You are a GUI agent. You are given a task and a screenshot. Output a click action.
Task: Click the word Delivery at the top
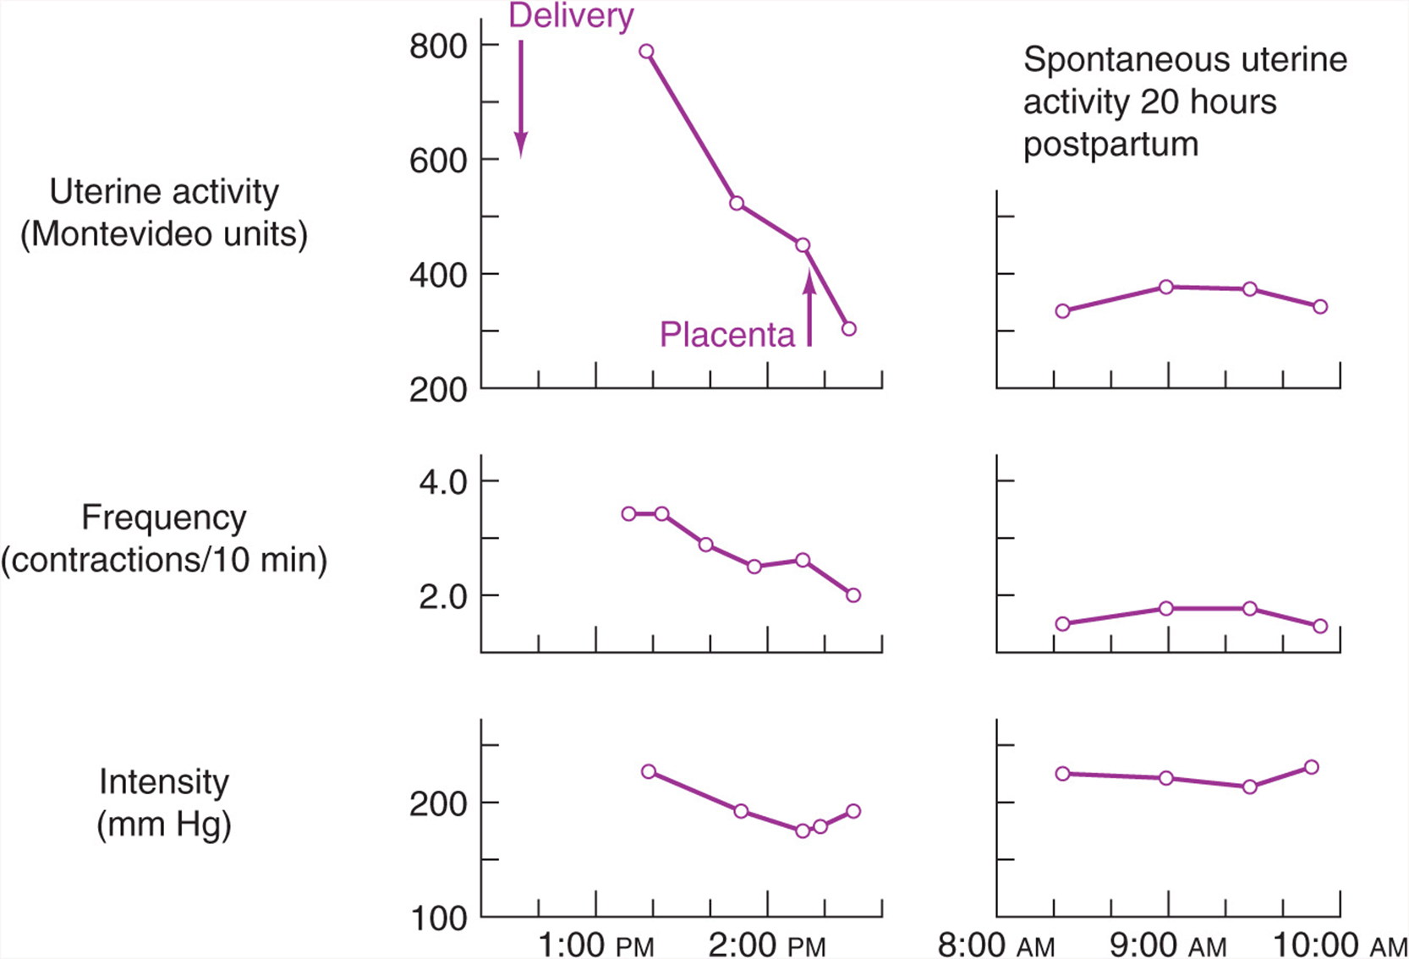571,17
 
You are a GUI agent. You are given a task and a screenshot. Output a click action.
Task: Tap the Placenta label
727,334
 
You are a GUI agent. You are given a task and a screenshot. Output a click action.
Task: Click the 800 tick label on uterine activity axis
438,46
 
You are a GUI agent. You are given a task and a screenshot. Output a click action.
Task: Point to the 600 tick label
438,161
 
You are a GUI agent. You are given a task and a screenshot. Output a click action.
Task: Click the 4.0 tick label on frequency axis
443,482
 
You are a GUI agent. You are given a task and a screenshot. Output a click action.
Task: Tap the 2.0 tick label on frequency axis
443,596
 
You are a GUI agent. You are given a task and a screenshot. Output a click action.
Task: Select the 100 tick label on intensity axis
438,918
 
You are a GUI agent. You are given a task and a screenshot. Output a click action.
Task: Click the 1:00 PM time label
596,945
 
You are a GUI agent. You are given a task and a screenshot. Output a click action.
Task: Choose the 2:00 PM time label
767,945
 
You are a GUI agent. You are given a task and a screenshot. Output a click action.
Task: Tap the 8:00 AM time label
996,945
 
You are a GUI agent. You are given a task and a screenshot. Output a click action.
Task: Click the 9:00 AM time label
1168,945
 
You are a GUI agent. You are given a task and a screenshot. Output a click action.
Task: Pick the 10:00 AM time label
1340,945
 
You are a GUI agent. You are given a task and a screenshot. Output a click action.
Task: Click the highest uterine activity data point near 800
647,52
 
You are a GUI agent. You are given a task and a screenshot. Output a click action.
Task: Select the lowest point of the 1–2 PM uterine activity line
848,329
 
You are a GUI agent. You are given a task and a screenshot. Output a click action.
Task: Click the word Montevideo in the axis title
117,234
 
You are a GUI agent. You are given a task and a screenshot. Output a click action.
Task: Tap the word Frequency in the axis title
164,518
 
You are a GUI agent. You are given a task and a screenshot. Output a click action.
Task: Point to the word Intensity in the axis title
164,782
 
